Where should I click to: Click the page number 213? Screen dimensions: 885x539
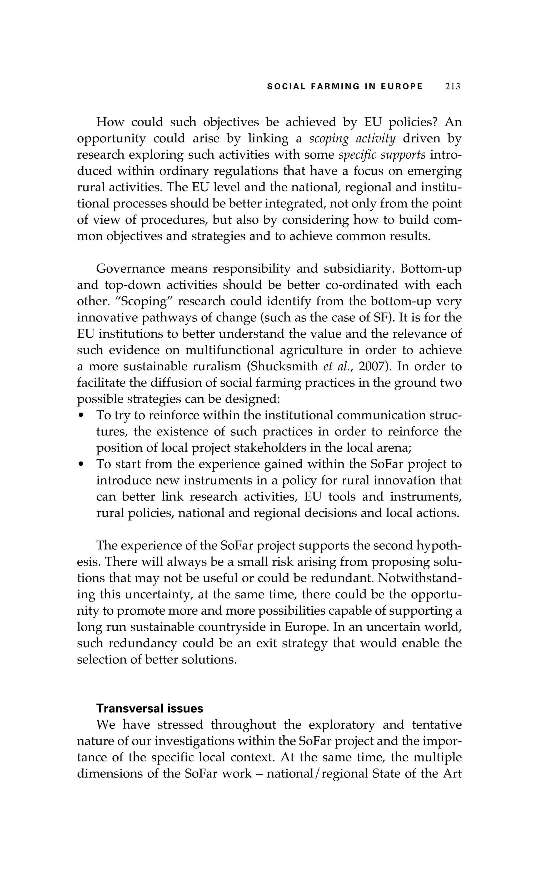(452, 87)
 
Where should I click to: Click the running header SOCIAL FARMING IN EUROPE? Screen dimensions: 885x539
(345, 87)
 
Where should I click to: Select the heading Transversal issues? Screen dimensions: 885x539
(149, 708)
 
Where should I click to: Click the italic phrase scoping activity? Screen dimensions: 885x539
(352, 138)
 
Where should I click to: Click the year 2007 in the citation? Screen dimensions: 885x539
(370, 366)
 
